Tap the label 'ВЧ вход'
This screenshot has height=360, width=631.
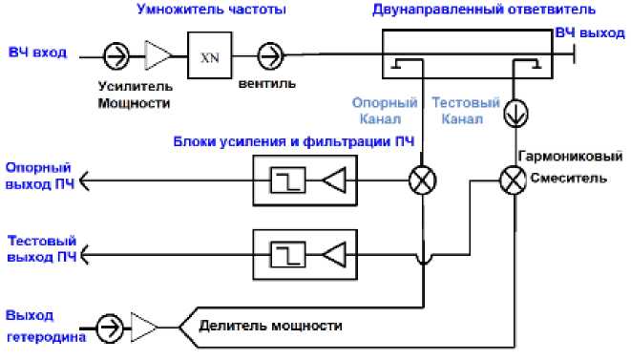[x=36, y=52]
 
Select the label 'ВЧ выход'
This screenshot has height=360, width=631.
[x=590, y=32]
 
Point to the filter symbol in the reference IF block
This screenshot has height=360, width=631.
[x=286, y=179]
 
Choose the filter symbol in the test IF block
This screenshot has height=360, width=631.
[x=286, y=254]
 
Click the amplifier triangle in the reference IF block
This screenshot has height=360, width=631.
[x=334, y=179]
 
